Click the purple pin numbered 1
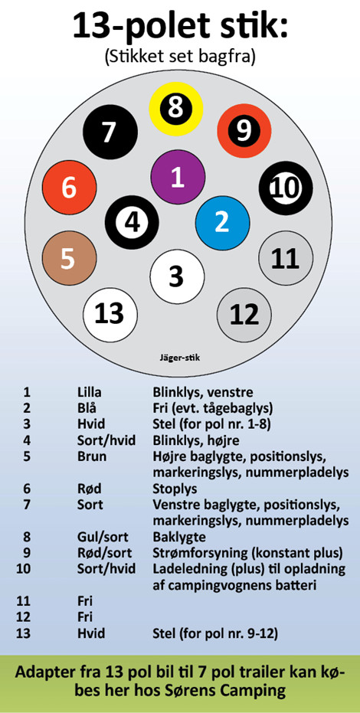(177, 178)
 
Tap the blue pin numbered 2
(222, 223)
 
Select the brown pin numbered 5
(69, 258)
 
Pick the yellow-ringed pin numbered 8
(176, 109)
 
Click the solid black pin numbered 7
(110, 132)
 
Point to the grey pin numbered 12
(244, 314)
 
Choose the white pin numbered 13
(110, 314)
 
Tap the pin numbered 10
(286, 188)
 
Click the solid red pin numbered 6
(69, 188)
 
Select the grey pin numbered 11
(286, 258)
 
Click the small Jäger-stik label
(177, 358)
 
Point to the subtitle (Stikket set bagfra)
(180, 57)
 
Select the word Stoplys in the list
(175, 489)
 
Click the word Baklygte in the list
(179, 538)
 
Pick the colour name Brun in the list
(92, 456)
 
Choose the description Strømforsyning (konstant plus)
(247, 554)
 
